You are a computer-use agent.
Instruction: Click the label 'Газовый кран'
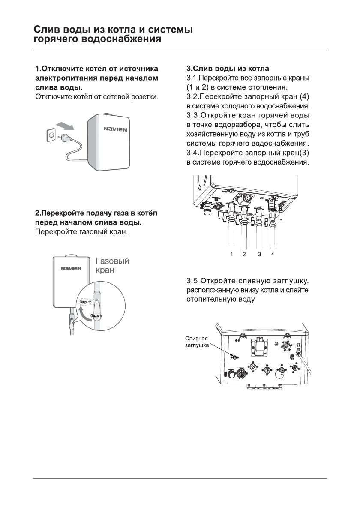click(112, 266)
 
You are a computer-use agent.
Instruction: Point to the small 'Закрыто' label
click(84, 303)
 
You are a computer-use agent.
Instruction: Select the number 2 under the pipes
click(244, 254)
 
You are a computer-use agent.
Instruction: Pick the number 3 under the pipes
click(259, 254)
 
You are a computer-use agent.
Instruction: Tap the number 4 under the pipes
click(272, 254)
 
